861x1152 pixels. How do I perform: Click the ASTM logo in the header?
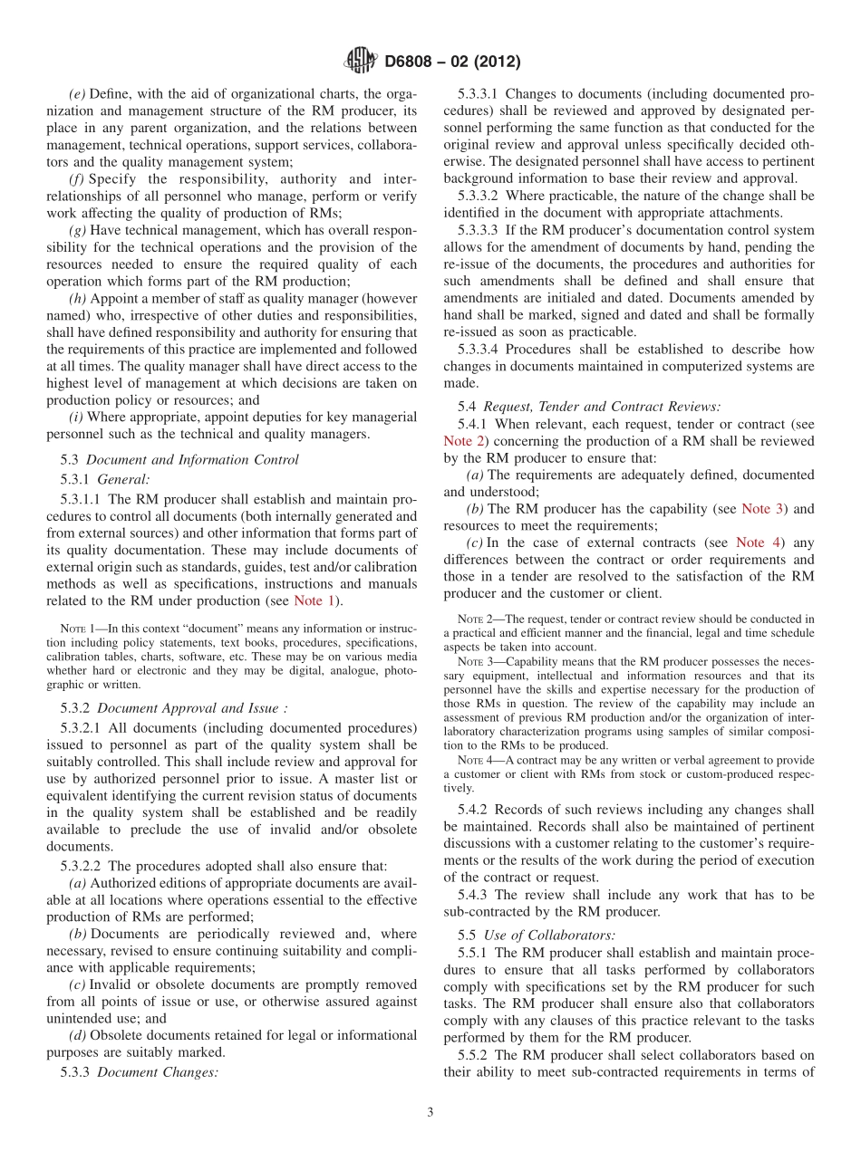tap(360, 62)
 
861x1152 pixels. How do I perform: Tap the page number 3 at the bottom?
tap(430, 1112)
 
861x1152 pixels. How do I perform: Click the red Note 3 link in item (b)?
tap(763, 509)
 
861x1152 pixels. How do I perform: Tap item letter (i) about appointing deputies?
tap(76, 417)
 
